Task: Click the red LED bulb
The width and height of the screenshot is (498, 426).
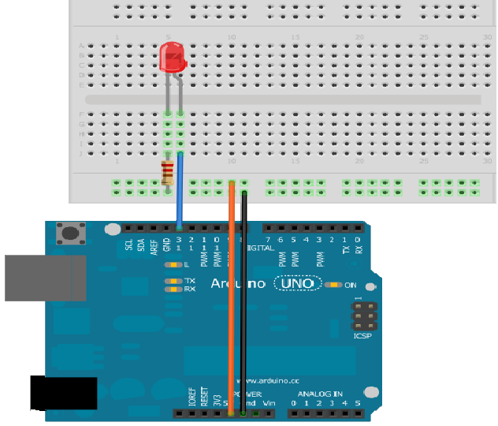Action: pos(171,58)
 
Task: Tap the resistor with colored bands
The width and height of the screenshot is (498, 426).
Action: pos(167,173)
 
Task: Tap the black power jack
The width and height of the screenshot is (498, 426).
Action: pos(64,393)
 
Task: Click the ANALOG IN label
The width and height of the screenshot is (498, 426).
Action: pos(320,394)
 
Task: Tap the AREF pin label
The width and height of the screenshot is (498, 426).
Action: pos(154,245)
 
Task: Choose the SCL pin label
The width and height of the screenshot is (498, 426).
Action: pos(128,245)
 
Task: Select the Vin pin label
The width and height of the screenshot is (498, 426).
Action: pos(269,403)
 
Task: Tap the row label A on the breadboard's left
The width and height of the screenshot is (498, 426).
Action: pos(81,46)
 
